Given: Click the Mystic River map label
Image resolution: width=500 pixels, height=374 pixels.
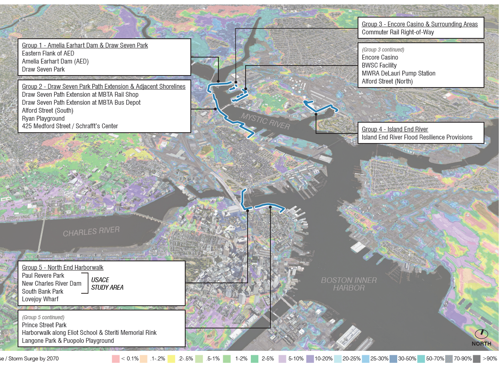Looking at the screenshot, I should tap(265, 121).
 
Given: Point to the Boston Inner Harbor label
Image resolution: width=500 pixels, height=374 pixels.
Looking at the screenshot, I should tap(349, 284).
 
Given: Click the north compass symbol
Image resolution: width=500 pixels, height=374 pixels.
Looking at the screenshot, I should tap(481, 334).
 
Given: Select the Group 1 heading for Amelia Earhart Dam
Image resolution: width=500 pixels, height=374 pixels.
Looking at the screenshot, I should tap(85, 45).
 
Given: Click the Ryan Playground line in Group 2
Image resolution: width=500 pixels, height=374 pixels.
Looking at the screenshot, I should tap(43, 118).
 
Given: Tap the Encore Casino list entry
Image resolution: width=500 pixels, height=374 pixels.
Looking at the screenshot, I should tap(380, 57).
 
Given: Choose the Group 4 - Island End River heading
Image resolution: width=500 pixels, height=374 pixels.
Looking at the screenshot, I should tap(395, 129).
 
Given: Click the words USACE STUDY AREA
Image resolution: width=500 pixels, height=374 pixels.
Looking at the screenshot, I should tap(107, 284).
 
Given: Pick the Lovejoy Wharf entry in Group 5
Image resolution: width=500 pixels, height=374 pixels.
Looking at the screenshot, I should tap(40, 299).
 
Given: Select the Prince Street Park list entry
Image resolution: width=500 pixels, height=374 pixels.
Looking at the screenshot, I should tap(44, 325).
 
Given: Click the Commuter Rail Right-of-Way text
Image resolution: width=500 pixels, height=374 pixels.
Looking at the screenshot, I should tap(398, 32).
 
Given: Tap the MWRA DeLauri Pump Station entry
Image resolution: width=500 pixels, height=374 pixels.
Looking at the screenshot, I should tap(398, 73).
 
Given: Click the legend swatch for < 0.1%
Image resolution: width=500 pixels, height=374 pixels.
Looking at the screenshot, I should tap(116, 359).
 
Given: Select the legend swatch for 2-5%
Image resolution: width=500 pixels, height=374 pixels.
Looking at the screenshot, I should tap(254, 359).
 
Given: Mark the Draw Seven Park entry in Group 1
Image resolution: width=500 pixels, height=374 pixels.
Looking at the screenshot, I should tap(43, 69).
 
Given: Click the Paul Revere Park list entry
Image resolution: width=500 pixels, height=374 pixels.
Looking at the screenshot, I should tap(43, 275).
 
